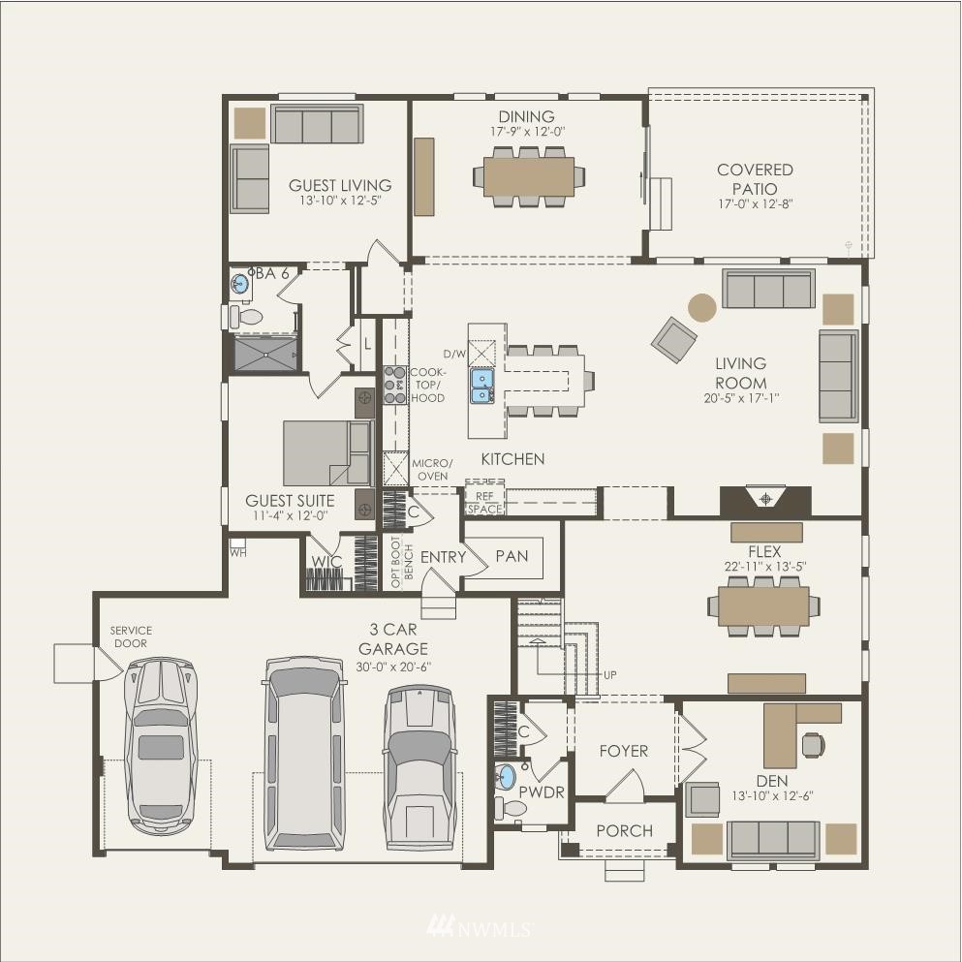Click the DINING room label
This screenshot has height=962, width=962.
click(x=526, y=116)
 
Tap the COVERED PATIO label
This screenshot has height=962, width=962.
click(x=756, y=179)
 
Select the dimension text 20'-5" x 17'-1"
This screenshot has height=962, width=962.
click(x=742, y=398)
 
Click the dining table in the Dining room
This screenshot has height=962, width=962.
click(x=529, y=176)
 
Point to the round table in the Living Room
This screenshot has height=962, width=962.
click(x=701, y=307)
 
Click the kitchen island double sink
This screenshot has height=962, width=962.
click(x=482, y=386)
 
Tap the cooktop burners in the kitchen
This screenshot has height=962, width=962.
click(x=395, y=385)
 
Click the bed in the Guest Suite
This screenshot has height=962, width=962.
click(x=328, y=453)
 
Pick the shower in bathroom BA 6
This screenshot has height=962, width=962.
click(x=266, y=354)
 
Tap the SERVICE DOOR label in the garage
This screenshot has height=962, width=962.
click(x=131, y=636)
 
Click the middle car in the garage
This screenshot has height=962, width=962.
click(x=303, y=754)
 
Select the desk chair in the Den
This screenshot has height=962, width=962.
click(x=814, y=745)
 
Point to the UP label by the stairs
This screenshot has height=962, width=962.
click(x=609, y=675)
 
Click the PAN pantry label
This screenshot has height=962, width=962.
click(x=512, y=556)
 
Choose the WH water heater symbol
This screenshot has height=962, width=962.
click(x=237, y=547)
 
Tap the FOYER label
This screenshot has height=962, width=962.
click(x=623, y=751)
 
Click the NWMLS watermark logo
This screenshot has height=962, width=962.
click(x=480, y=926)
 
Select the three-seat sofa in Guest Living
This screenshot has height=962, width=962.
click(x=317, y=125)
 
